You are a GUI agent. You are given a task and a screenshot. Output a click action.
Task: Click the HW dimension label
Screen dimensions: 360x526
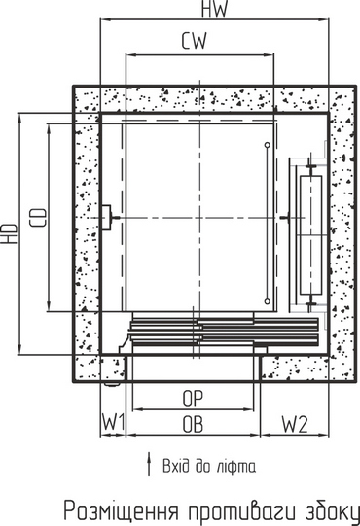[215, 9]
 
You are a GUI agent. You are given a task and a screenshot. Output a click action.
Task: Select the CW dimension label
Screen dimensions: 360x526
[194, 41]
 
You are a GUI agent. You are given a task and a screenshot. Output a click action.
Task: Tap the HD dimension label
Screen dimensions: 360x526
[10, 233]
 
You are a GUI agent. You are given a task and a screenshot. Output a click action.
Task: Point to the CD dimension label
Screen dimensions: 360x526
[38, 218]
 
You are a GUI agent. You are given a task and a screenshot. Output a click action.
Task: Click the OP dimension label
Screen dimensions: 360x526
[193, 399]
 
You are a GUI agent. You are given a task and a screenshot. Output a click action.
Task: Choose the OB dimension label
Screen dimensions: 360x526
[193, 424]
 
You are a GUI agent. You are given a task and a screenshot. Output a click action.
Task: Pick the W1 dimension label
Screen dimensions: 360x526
[114, 422]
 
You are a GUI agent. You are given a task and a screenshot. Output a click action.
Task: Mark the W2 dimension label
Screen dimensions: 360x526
[295, 424]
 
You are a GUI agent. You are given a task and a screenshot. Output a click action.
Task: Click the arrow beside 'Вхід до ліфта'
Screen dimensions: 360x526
[149, 464]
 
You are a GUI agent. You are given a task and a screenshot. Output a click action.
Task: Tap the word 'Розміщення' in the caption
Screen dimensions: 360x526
[122, 512]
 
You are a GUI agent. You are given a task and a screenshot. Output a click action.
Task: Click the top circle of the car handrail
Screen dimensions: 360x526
[268, 145]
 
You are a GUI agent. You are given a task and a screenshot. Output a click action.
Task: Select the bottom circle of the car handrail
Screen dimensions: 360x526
[268, 301]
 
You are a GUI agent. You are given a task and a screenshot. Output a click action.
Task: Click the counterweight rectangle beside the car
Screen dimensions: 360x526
[310, 235]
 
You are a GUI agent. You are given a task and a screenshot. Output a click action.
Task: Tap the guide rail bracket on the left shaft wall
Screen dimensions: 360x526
[106, 218]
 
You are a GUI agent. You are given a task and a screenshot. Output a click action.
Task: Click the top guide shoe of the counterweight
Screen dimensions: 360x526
[311, 167]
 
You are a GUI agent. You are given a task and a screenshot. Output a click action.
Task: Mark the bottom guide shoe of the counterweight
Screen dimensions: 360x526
[311, 303]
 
